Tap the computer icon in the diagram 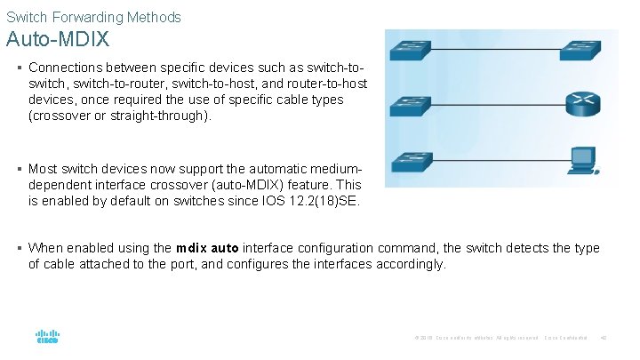[583, 159]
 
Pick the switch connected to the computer [412, 161]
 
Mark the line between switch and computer [499, 161]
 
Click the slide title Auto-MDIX [58, 40]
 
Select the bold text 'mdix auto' [207, 248]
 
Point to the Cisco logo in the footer [47, 338]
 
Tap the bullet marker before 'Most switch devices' [19, 169]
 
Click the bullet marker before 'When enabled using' [19, 248]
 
